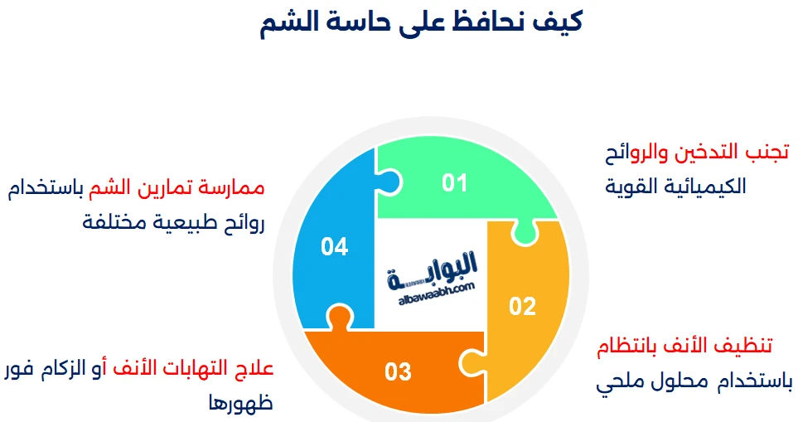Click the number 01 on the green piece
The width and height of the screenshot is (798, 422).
454,182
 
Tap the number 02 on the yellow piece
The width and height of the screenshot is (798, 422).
522,307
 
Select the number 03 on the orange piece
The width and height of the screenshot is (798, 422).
398,371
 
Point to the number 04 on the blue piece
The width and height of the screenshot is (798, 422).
334,247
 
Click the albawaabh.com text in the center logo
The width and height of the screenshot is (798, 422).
429,286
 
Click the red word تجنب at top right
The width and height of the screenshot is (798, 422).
766,153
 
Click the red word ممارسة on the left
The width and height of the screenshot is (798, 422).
234,187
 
